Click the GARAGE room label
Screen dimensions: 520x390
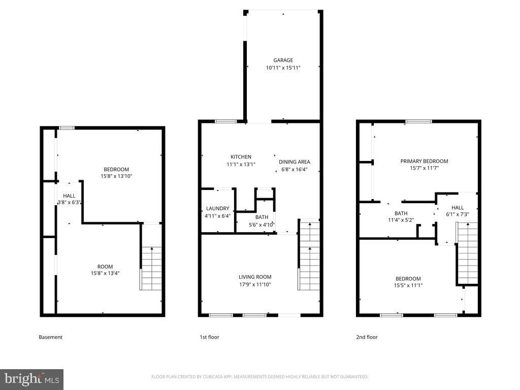(x=283, y=60)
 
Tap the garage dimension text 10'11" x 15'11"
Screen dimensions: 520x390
(x=283, y=68)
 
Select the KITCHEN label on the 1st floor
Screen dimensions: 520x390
(x=241, y=157)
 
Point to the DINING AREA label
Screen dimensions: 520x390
(x=295, y=162)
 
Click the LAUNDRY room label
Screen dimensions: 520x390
(x=217, y=208)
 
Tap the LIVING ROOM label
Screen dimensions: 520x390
(x=255, y=277)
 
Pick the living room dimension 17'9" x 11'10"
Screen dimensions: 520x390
(x=255, y=284)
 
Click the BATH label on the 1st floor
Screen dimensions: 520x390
(x=262, y=217)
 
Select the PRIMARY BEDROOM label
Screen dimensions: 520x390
(x=424, y=161)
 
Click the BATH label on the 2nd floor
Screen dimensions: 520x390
(x=401, y=213)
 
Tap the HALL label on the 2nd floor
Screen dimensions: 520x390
(x=458, y=208)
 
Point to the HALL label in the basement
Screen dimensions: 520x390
(x=69, y=196)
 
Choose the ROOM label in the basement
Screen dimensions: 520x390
(x=105, y=267)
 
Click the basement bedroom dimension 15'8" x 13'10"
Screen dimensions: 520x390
(x=116, y=176)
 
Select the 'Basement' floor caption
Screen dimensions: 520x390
(x=50, y=337)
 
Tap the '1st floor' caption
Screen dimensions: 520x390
(x=209, y=337)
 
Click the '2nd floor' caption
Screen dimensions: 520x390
(x=367, y=337)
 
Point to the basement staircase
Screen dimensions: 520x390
(x=151, y=268)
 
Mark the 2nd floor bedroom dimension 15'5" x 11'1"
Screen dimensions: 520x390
(x=408, y=285)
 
